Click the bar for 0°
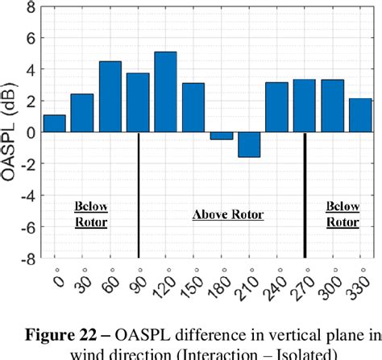tap(54, 123)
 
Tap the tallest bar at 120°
tap(165, 92)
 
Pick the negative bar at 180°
tap(221, 136)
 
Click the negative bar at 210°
tap(249, 145)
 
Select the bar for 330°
tap(359, 115)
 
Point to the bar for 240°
tap(276, 107)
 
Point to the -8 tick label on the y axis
tap(26, 259)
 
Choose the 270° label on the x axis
tap(301, 283)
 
